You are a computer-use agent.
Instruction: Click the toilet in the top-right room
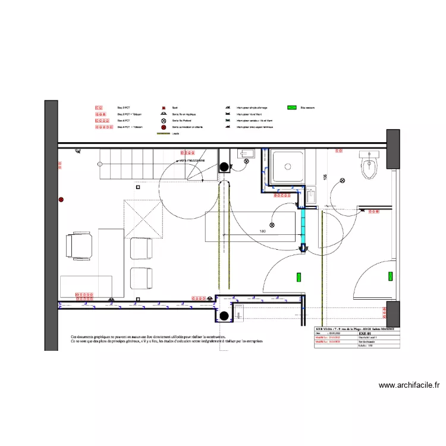click(x=369, y=165)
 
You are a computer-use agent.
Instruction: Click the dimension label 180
click(x=262, y=231)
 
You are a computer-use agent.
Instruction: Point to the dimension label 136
click(x=325, y=177)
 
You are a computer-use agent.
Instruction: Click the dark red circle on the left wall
click(x=61, y=200)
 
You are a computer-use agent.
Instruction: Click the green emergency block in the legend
click(x=292, y=108)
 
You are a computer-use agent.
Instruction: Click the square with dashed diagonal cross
click(x=143, y=219)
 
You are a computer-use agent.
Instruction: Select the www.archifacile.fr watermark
click(x=409, y=385)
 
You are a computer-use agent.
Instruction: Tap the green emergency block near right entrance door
click(x=391, y=276)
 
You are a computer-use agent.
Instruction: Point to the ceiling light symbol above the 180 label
click(x=272, y=225)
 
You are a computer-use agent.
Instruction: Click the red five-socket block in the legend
click(x=103, y=127)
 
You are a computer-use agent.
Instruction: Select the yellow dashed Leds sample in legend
click(x=162, y=133)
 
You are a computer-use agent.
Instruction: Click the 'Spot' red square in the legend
click(x=163, y=108)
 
